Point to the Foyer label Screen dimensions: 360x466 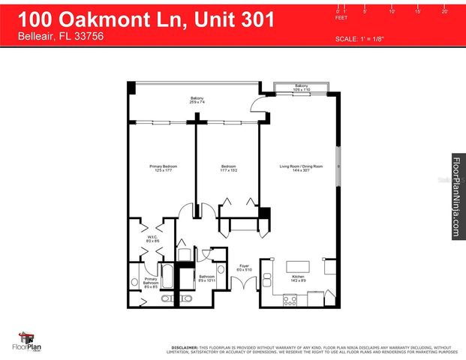[x=244, y=267]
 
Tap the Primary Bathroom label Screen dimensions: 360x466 [x=150, y=283]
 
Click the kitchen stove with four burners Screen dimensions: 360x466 [x=290, y=299]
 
